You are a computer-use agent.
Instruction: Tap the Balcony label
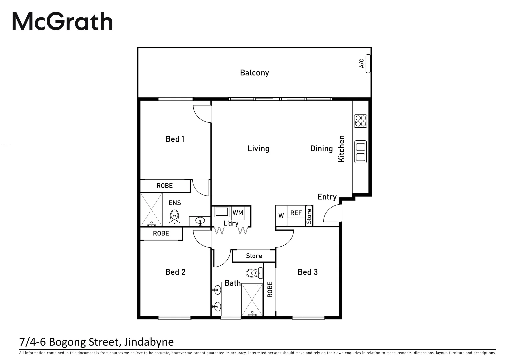click(254, 73)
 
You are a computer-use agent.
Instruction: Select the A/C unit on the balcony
click(368, 63)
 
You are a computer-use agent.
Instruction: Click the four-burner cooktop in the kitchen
click(360, 121)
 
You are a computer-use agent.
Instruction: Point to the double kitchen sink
click(360, 152)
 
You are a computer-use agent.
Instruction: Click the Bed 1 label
click(175, 139)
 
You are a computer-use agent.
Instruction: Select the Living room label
click(258, 149)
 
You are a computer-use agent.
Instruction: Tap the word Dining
click(321, 149)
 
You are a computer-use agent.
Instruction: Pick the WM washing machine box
click(238, 213)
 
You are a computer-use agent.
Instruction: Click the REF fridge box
click(296, 213)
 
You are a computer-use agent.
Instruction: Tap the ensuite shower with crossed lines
click(151, 210)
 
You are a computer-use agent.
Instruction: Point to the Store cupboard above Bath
click(254, 256)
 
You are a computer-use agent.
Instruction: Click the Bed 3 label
click(307, 272)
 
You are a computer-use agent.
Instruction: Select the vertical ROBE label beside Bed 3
click(270, 289)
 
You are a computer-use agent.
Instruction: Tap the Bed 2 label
click(175, 272)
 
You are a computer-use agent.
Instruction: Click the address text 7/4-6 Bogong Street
click(97, 342)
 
